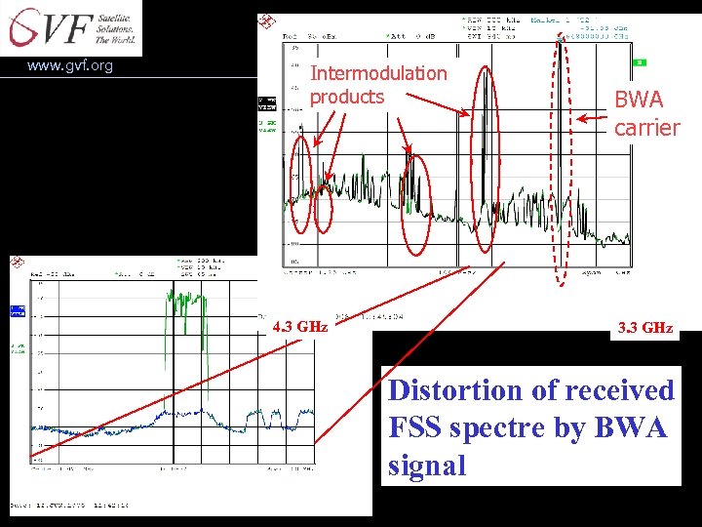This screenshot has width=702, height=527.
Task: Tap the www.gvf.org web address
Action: (70, 66)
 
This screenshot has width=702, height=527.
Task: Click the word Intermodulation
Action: (378, 73)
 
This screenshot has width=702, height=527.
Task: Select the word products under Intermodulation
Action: (347, 97)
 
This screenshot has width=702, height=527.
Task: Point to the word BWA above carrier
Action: (639, 100)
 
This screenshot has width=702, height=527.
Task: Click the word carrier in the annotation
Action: (646, 128)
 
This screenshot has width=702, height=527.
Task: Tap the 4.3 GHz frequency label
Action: (299, 327)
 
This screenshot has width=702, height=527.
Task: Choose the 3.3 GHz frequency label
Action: (644, 328)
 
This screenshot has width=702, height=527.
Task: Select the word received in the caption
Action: (624, 390)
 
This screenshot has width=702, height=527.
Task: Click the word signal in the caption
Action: (427, 466)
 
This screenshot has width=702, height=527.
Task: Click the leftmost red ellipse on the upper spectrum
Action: (302, 183)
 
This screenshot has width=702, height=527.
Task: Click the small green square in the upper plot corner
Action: (639, 62)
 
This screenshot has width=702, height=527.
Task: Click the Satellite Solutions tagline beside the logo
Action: (115, 26)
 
